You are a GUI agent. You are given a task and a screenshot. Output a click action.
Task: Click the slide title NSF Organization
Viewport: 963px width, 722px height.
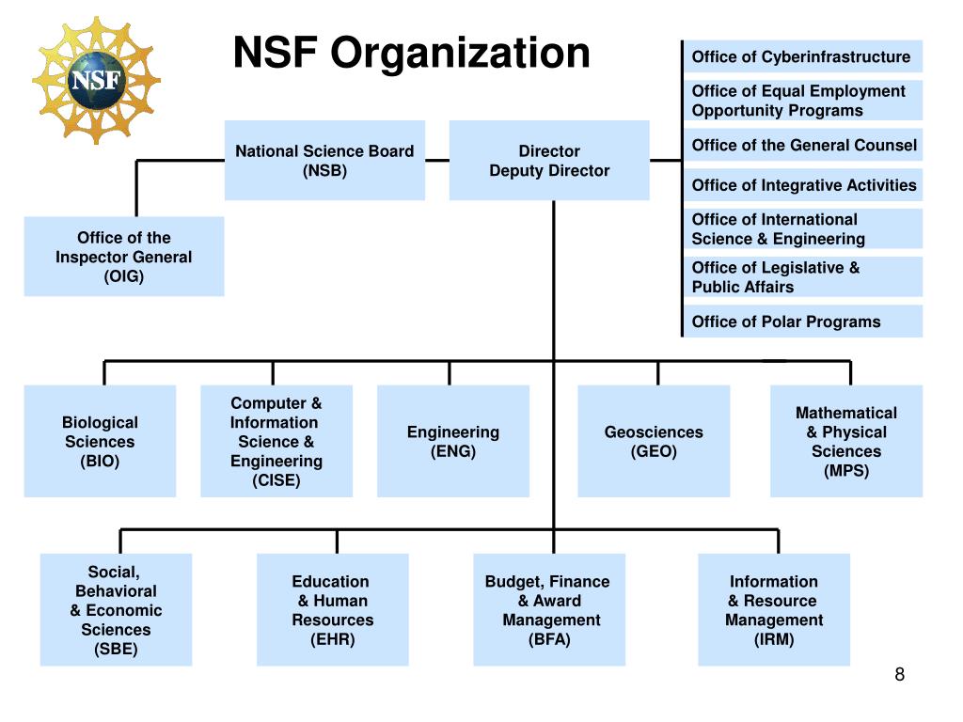(411, 53)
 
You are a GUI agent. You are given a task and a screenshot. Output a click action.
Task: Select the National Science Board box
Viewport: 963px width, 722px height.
(324, 161)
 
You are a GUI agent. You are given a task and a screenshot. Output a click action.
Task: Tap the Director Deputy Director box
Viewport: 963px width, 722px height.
(549, 161)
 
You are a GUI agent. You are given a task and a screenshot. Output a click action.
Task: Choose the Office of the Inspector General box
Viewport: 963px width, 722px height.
(124, 257)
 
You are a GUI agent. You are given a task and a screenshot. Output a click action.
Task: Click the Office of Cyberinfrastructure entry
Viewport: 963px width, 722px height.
(801, 57)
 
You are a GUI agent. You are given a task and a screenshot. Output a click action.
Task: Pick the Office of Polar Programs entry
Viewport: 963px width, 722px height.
(801, 322)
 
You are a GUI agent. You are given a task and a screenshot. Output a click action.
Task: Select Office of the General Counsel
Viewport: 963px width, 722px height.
(803, 145)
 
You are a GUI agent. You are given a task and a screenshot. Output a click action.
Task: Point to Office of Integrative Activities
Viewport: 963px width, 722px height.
(803, 185)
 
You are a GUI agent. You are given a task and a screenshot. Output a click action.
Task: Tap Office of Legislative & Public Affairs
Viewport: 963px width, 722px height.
(801, 277)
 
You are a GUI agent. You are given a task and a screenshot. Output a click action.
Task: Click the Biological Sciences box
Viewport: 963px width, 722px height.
(100, 441)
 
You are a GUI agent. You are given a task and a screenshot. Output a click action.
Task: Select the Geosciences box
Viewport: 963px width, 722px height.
(654, 441)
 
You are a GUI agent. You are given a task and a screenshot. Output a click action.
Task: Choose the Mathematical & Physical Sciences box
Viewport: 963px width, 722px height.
(846, 441)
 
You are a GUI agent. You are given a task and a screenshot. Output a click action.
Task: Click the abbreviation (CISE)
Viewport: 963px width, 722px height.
(276, 480)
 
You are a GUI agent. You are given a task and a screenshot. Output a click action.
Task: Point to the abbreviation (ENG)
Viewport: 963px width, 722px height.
(453, 451)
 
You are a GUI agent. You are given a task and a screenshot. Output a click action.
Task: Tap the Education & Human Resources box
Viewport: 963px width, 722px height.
(333, 610)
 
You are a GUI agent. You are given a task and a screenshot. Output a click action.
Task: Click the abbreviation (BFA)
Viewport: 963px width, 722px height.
(549, 639)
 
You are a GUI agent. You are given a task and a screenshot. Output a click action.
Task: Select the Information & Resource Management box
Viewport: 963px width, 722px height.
(774, 610)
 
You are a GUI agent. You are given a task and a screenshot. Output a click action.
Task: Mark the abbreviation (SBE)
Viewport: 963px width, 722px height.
(116, 649)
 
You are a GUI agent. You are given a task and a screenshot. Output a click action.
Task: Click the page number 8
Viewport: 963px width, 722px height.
(900, 675)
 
